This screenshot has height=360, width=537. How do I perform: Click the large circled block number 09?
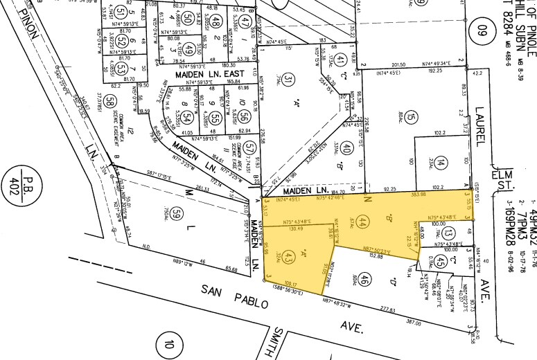tap(481, 30)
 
